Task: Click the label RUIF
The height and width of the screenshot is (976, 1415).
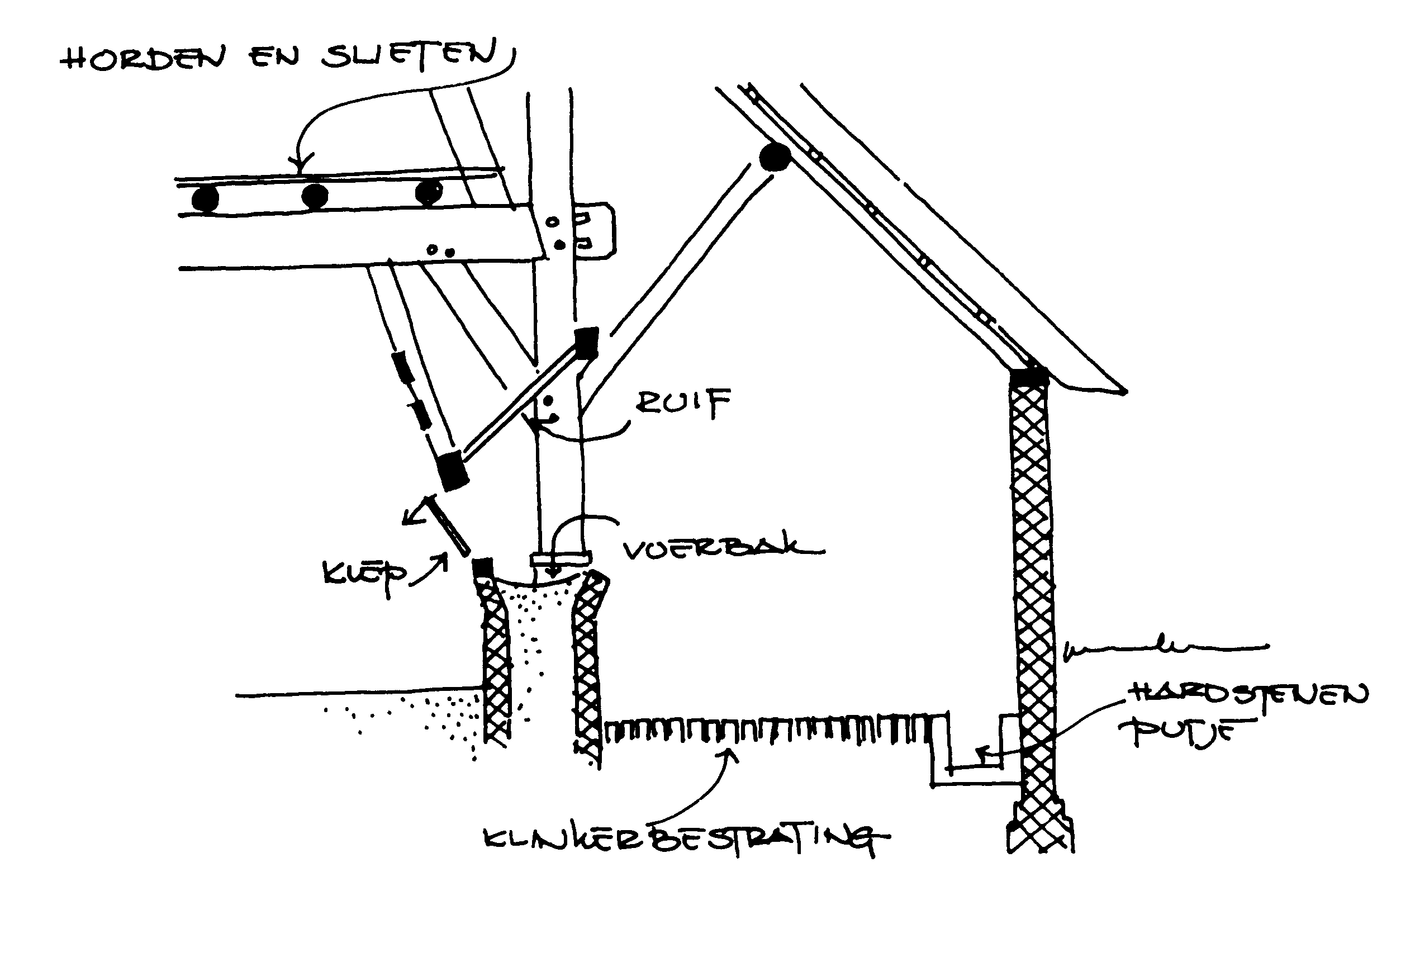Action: point(683,403)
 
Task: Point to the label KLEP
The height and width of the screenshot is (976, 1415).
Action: point(364,577)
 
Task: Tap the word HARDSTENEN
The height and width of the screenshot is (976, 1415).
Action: point(1247,696)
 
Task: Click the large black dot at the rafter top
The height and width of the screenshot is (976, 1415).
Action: point(775,157)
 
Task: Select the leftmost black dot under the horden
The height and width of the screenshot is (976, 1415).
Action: point(205,199)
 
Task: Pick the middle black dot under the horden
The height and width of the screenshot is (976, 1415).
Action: point(314,196)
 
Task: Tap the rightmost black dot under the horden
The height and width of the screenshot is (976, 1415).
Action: point(428,193)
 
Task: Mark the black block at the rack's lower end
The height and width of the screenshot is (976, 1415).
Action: point(452,470)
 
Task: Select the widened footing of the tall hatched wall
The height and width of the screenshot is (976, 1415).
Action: point(1039,828)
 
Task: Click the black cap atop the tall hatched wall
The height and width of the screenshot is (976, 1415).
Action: point(1028,376)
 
